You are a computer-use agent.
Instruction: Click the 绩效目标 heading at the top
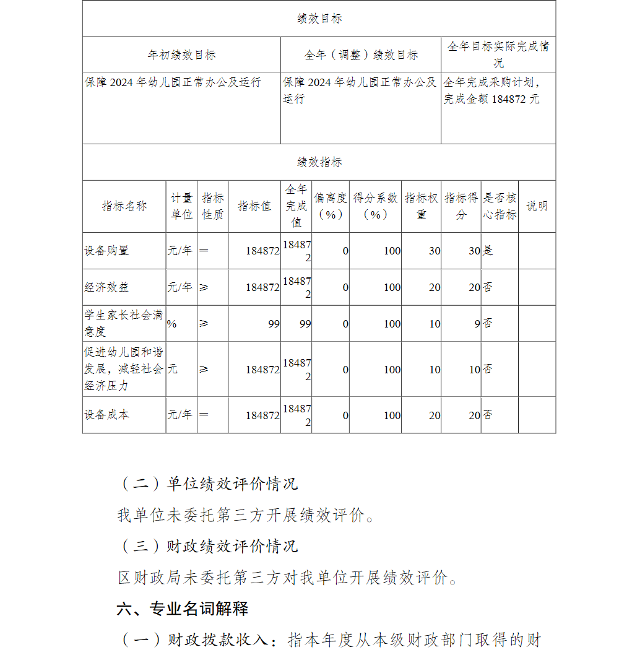click(319, 19)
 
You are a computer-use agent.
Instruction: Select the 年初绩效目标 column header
click(181, 55)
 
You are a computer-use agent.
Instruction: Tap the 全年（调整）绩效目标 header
click(361, 55)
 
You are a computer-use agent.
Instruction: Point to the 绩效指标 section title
click(319, 162)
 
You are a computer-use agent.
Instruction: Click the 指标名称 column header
click(124, 206)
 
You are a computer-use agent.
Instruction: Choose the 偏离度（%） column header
click(331, 206)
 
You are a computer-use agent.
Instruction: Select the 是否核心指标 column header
click(500, 206)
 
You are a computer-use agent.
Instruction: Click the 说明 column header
click(537, 206)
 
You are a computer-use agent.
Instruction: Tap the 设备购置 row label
click(106, 251)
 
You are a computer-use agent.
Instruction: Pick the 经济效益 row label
click(106, 287)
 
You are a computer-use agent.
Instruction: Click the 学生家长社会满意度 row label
click(124, 323)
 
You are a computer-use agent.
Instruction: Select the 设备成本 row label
click(106, 415)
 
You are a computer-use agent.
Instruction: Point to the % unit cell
click(171, 324)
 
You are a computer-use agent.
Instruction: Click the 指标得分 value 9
click(477, 324)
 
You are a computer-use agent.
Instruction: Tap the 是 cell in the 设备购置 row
click(488, 251)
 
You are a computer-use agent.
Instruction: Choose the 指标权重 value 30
click(435, 251)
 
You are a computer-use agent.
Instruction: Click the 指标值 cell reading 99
click(274, 324)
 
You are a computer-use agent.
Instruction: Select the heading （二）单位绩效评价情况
click(209, 484)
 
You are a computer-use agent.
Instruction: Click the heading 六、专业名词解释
click(182, 609)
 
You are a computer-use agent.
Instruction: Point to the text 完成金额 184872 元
click(491, 99)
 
